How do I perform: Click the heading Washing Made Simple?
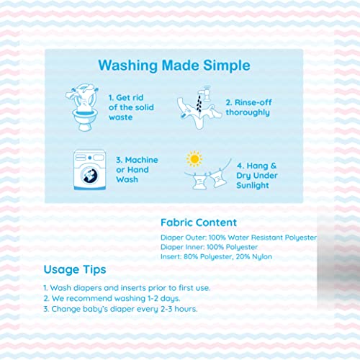click(174, 66)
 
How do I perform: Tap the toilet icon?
click(83, 107)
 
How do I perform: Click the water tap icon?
click(204, 93)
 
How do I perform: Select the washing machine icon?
click(89, 170)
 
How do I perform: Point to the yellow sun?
click(194, 158)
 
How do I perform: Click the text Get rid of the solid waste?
click(131, 107)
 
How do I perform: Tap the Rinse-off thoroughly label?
click(248, 107)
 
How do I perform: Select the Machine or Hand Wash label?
click(137, 170)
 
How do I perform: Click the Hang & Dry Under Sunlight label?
click(257, 176)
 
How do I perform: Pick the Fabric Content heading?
click(199, 222)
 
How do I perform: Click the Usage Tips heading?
click(75, 269)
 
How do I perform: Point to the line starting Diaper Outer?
click(239, 238)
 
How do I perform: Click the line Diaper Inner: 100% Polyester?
click(209, 247)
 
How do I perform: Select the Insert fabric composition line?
click(216, 257)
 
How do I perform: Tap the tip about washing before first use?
click(127, 288)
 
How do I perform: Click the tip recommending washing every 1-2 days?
click(112, 298)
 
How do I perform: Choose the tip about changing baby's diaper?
click(120, 309)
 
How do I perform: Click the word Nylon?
click(262, 257)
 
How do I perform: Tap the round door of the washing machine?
click(90, 175)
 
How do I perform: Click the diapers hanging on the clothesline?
click(210, 179)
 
